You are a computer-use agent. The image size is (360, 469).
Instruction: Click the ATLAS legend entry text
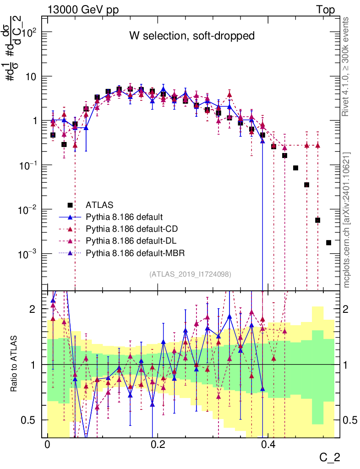tap(99, 204)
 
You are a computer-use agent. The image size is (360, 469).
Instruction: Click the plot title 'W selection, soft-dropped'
tap(191, 36)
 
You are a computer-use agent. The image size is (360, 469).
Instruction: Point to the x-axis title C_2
tap(330, 457)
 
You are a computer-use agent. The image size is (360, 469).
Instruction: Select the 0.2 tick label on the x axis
tap(158, 445)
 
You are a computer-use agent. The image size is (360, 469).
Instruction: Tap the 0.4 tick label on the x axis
tap(268, 445)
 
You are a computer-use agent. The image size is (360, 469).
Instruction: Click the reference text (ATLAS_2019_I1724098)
tap(190, 274)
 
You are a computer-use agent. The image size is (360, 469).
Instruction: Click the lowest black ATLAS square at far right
tap(328, 242)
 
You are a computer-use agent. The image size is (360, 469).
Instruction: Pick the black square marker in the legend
tap(70, 205)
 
